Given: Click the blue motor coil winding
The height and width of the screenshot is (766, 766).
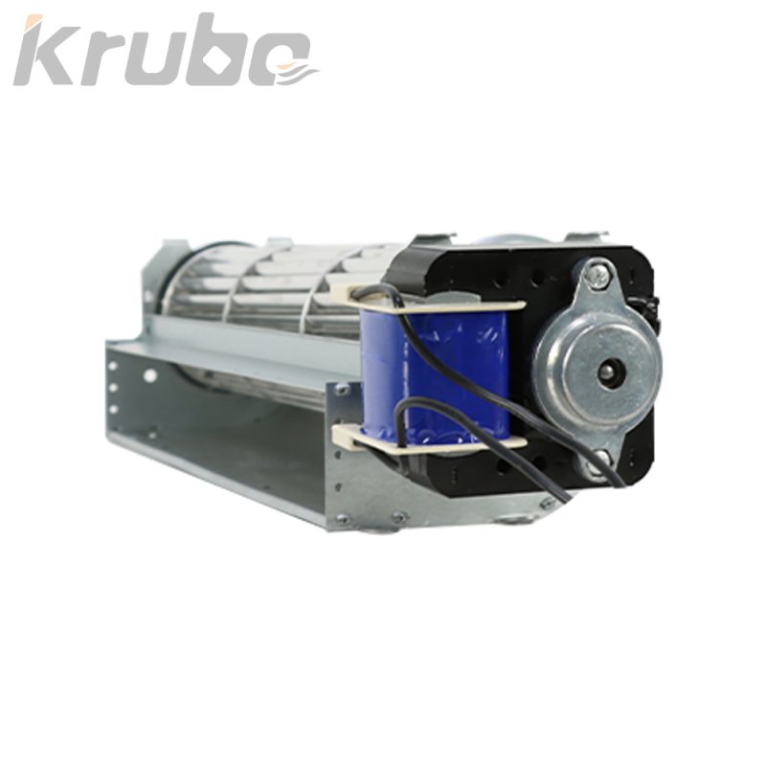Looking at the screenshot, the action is click(435, 372).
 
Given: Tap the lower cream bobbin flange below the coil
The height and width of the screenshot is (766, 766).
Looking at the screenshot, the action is click(429, 439).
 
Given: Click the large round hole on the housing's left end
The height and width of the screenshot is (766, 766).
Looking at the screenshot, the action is click(149, 375).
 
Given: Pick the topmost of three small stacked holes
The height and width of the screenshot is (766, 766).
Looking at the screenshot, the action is click(113, 366).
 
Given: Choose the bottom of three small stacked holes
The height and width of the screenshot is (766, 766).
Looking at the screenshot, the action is click(113, 408).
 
